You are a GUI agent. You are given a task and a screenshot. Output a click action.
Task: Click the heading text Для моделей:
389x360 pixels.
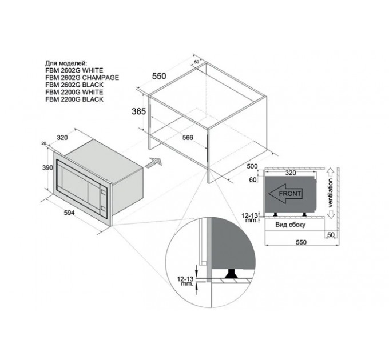click(66, 63)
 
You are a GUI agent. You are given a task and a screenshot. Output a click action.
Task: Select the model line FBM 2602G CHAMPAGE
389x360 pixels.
click(82, 78)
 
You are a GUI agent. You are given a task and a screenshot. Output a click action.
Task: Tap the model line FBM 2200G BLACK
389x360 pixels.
click(74, 99)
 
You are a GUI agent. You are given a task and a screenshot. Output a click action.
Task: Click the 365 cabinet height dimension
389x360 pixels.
click(138, 111)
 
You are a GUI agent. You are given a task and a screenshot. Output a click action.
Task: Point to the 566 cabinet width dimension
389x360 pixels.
click(188, 138)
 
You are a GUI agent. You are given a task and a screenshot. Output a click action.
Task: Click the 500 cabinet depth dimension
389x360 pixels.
click(252, 166)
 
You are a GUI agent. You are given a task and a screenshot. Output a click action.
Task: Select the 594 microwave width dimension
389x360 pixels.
click(69, 213)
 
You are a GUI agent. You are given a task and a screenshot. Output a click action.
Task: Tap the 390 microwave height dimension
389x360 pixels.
click(47, 168)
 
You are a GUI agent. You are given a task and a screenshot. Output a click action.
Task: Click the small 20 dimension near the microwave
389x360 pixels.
click(44, 143)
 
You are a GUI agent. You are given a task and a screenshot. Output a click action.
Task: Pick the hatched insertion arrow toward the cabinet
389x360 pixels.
click(153, 163)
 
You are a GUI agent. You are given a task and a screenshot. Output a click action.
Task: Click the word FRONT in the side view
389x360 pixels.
click(290, 194)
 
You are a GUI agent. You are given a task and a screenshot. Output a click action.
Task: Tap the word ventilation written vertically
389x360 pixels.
click(330, 193)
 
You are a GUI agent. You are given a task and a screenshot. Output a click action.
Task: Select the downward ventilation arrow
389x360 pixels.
click(331, 214)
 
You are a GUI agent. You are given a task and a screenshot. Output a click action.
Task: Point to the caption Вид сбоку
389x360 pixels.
click(290, 225)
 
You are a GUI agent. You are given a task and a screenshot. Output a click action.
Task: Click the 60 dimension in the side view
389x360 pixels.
click(252, 179)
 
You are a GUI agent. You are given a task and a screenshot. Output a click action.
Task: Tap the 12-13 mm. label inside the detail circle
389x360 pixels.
click(185, 282)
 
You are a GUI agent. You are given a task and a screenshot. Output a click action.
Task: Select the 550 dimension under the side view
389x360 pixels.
click(301, 242)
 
